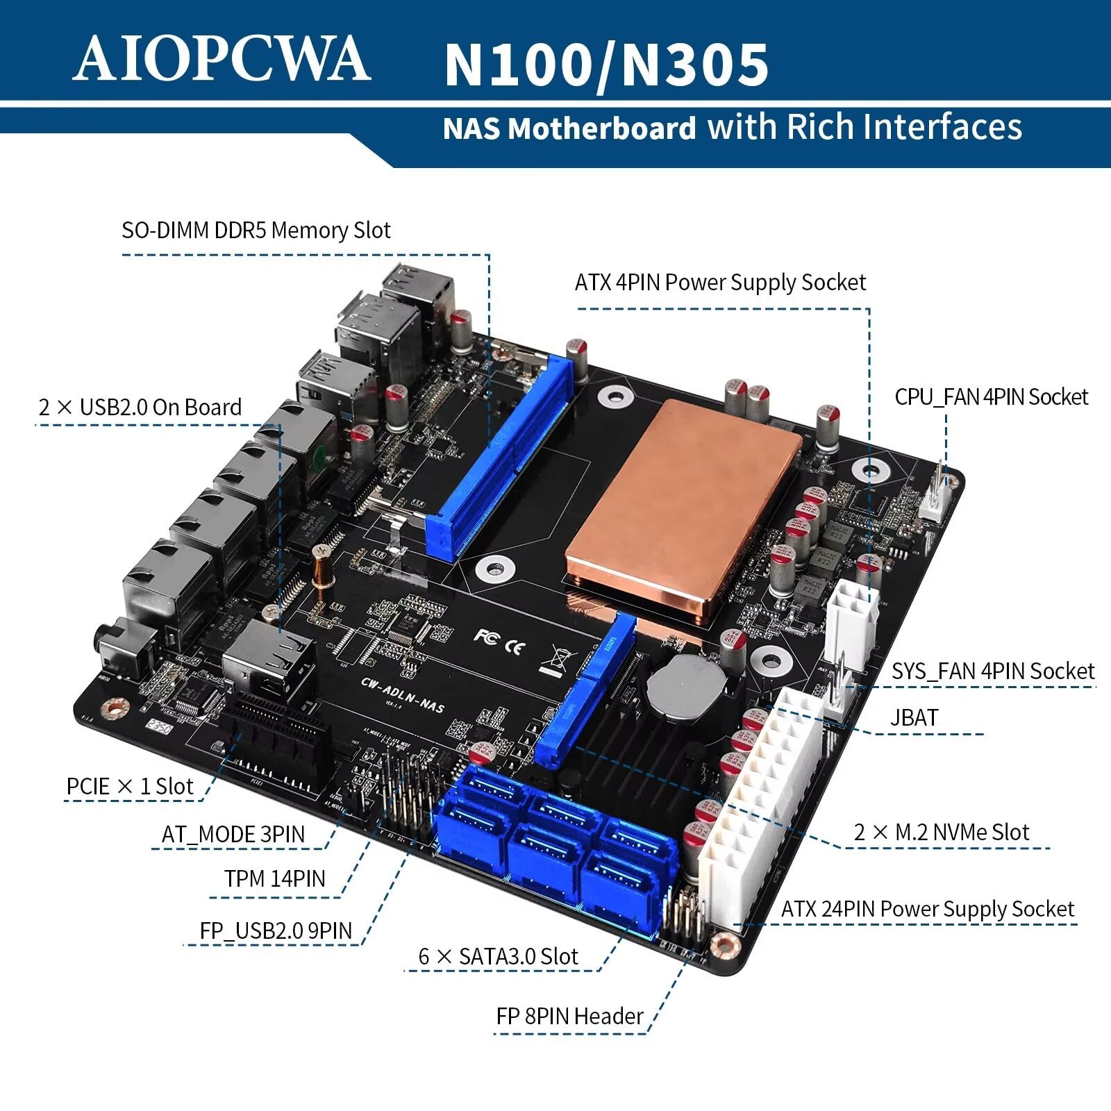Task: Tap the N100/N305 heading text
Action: pos(606,64)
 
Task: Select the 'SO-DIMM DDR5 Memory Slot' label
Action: pos(256,230)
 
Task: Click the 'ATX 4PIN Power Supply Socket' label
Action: pos(720,282)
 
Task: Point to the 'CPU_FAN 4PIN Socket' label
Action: pos(991,396)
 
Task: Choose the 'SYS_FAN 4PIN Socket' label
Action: pos(993,671)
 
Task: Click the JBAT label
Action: pos(914,717)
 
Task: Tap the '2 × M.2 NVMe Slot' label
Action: pos(941,831)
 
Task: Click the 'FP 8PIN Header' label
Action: pos(569,1016)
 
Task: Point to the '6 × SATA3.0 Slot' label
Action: pos(498,955)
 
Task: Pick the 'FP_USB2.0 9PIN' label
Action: pos(276,930)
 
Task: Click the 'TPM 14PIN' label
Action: pos(274,878)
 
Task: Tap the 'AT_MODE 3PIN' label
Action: pos(233,833)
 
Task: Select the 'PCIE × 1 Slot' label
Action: pos(130,786)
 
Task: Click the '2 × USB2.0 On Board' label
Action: pos(140,406)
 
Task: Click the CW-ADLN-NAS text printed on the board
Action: pos(403,694)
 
